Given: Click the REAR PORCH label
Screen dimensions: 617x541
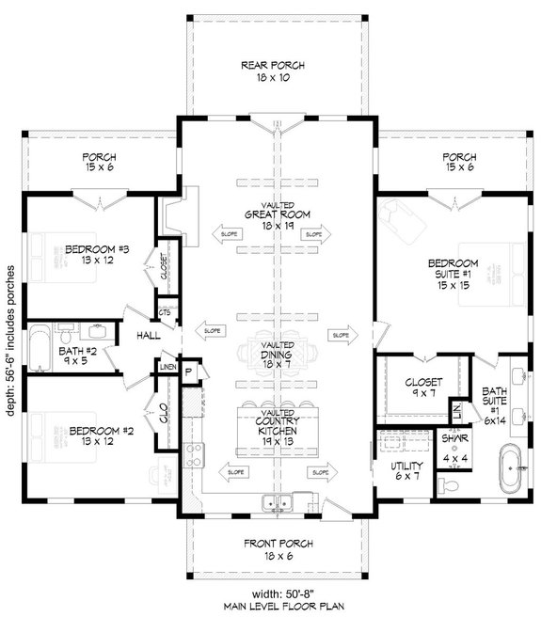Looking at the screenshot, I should coord(272,71).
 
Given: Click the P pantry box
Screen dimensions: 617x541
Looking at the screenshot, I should coord(188,372).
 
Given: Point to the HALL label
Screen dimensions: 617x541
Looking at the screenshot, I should coord(148,334).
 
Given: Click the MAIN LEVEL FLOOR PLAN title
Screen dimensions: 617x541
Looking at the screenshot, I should coord(273,605).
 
